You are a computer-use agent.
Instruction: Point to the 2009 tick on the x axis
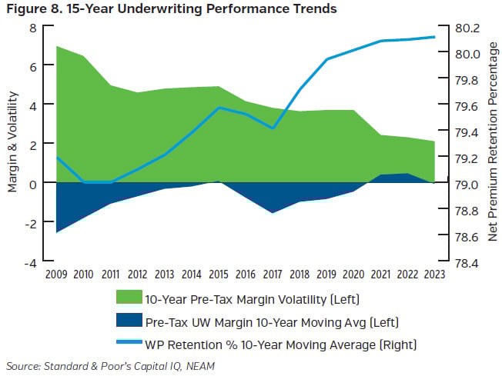click(x=56, y=273)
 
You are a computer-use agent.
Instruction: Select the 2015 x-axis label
click(x=218, y=273)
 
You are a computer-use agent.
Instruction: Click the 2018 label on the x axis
click(x=300, y=273)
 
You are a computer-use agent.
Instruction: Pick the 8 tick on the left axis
click(x=32, y=28)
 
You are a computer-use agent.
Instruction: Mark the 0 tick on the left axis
click(x=32, y=184)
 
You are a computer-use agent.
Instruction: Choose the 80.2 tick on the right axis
click(x=467, y=28)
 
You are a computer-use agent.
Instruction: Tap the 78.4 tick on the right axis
click(x=467, y=262)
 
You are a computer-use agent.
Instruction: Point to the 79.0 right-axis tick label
click(x=467, y=185)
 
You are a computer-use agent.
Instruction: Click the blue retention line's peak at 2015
click(x=219, y=108)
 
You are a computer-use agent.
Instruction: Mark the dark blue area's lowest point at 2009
click(x=57, y=231)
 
